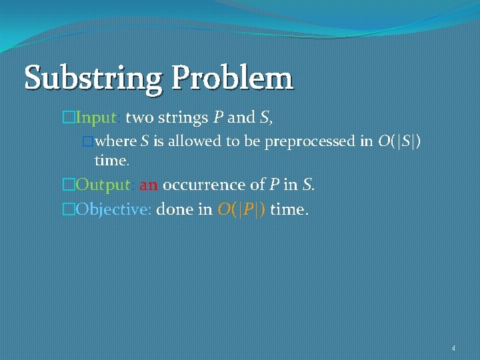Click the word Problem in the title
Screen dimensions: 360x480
(x=231, y=78)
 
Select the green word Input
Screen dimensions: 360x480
(x=97, y=119)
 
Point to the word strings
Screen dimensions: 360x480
(x=183, y=119)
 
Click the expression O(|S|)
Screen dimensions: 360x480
(x=397, y=141)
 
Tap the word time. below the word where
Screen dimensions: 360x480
(x=112, y=161)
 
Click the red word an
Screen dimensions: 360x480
(x=149, y=185)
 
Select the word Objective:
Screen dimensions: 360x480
(x=115, y=209)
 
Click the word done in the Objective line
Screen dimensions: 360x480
(x=175, y=209)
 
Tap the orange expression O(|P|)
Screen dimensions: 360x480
(x=241, y=209)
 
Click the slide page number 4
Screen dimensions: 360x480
(x=453, y=348)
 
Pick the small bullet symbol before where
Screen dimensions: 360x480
(x=86, y=142)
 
